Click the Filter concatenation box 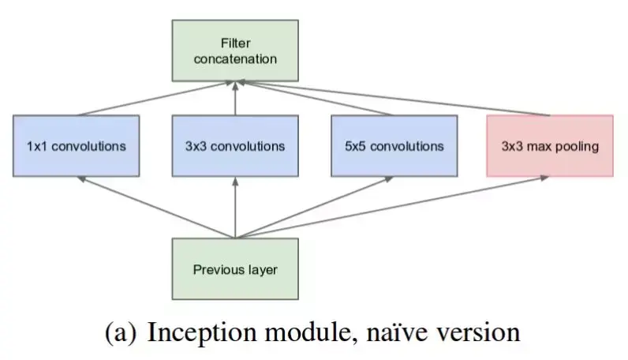(x=235, y=51)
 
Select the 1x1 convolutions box (x=76, y=146)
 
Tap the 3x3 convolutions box (x=235, y=146)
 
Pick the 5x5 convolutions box (x=394, y=146)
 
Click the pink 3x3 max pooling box (x=550, y=146)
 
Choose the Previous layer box (x=235, y=269)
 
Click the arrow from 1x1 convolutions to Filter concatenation (x=158, y=98)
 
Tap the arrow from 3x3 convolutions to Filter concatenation (x=235, y=99)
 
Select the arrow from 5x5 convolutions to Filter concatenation (x=316, y=98)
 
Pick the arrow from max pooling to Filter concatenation (x=394, y=98)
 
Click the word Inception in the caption (x=193, y=332)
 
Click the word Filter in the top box (x=235, y=43)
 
